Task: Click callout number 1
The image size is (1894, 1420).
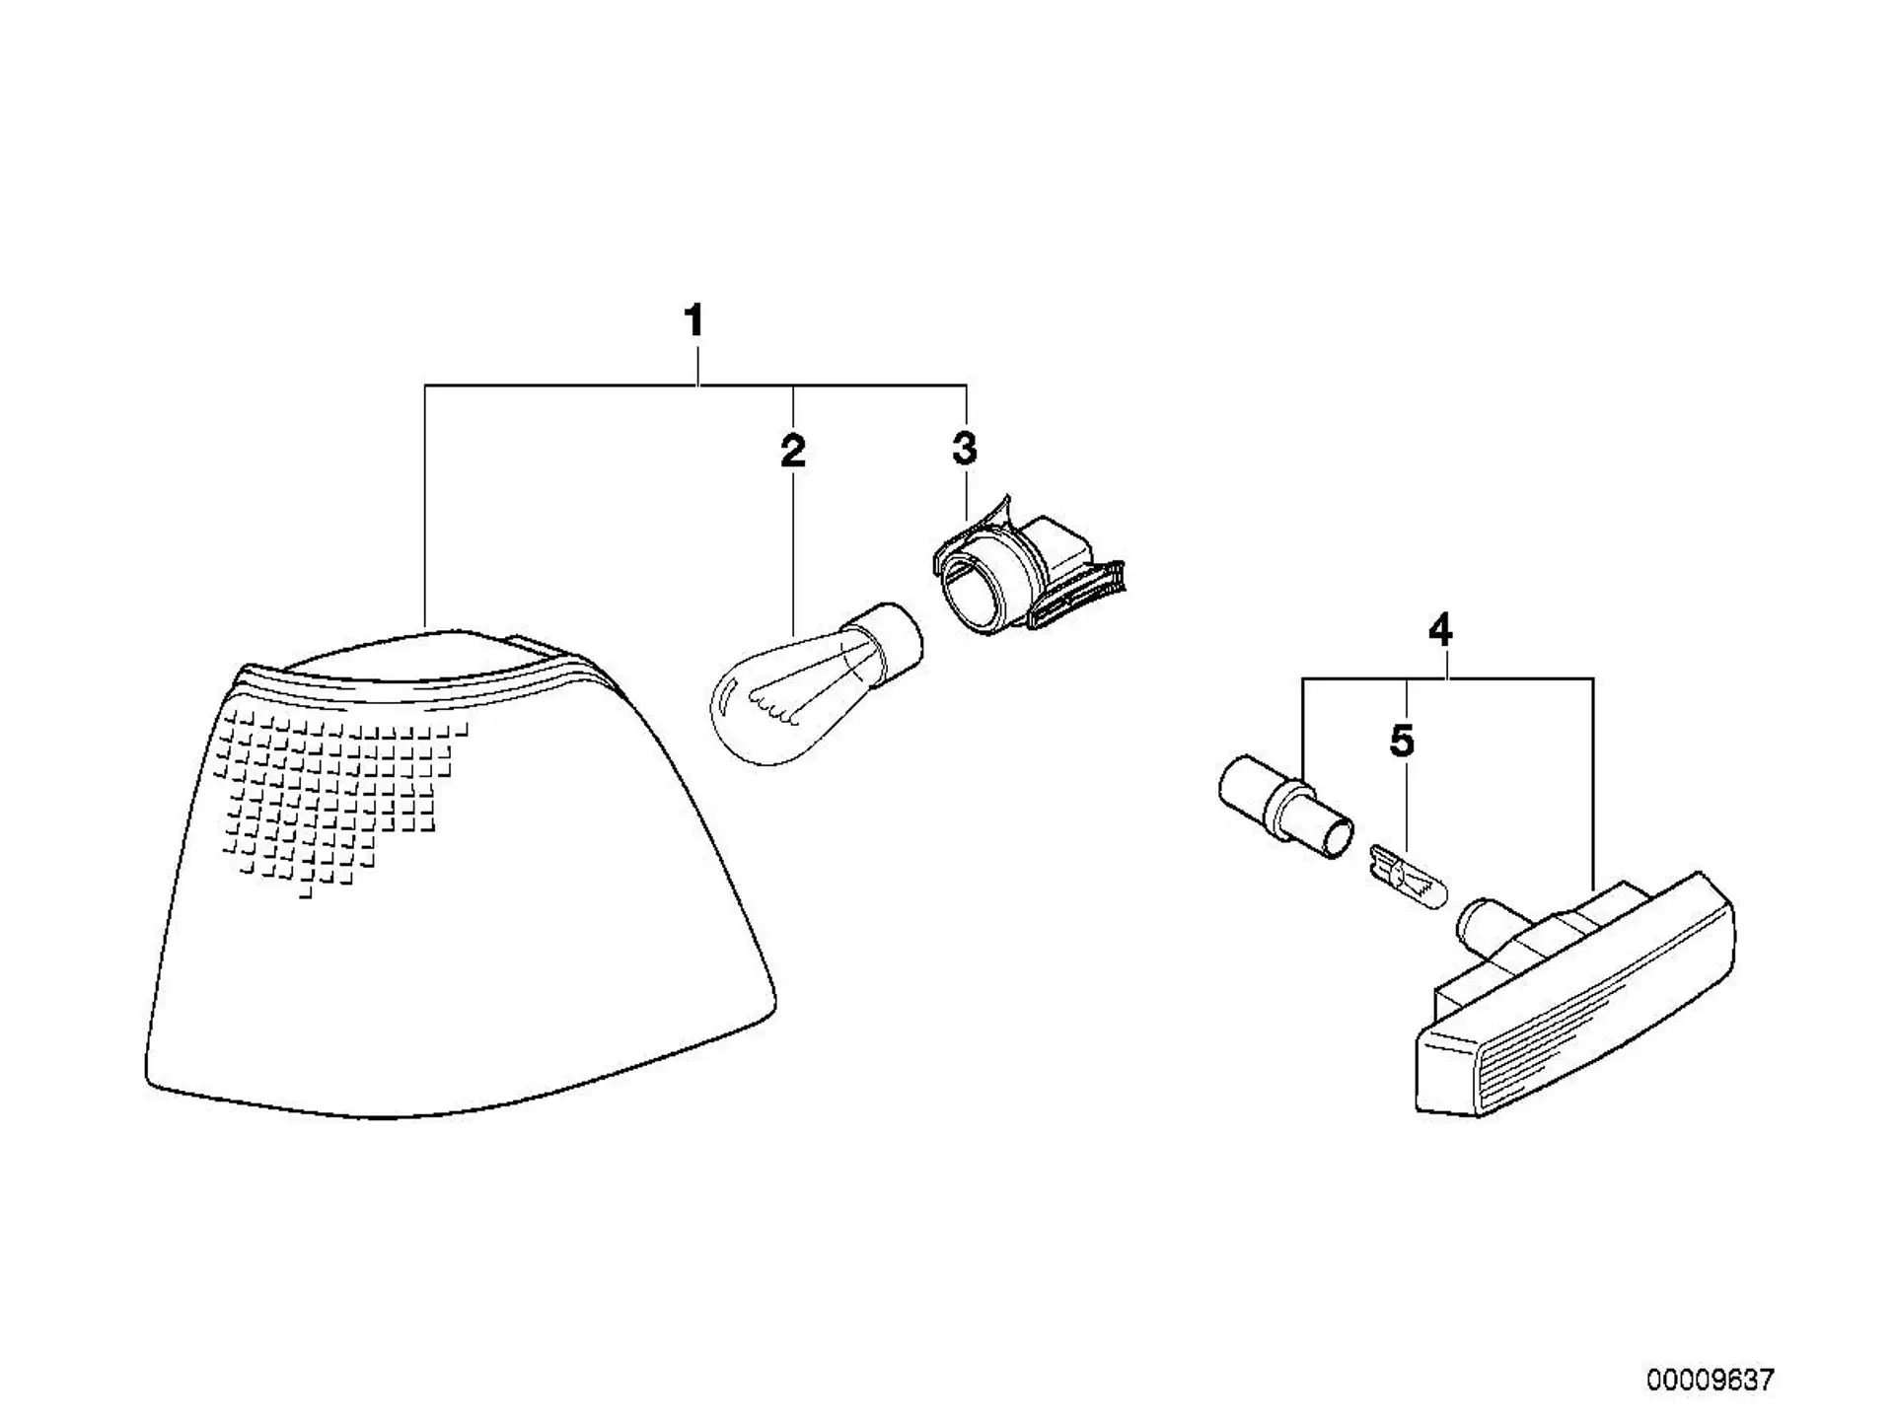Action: [694, 321]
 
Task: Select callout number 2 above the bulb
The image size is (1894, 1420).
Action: [793, 451]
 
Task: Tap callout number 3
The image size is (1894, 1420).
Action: [965, 449]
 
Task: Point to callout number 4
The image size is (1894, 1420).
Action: [1440, 629]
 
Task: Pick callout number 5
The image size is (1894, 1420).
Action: [1402, 742]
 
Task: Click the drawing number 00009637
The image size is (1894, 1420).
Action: [1710, 1380]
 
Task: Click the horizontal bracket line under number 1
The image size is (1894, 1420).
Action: [695, 385]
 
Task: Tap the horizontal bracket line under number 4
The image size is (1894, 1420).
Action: [1448, 678]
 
